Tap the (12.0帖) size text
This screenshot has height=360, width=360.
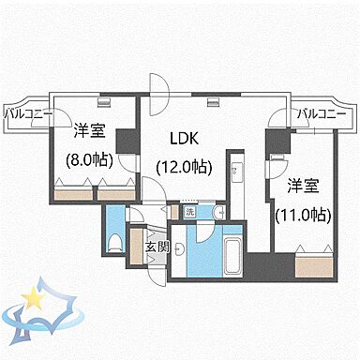click(184, 168)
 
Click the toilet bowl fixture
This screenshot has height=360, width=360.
click(114, 243)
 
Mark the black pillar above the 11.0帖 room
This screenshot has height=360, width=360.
click(275, 144)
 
